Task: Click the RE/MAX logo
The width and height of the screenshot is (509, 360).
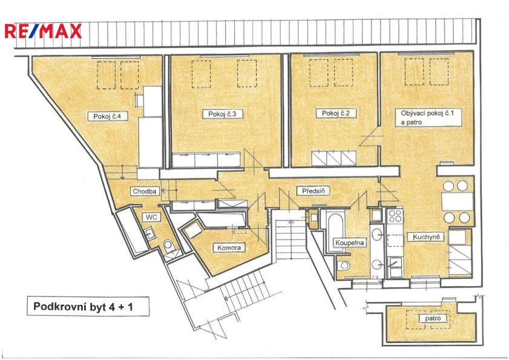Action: tap(43, 31)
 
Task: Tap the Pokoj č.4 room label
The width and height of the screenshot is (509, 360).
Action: tap(107, 116)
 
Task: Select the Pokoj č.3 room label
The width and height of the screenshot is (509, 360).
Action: tap(222, 114)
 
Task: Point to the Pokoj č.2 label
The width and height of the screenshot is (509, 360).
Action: tap(336, 113)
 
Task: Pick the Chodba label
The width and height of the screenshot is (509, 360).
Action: tap(145, 191)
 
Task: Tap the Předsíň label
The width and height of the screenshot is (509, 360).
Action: tap(314, 191)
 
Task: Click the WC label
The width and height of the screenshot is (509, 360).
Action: tap(151, 217)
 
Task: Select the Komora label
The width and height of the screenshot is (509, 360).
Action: tap(229, 247)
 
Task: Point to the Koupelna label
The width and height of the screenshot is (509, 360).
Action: tap(350, 243)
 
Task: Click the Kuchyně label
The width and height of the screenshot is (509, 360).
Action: tap(426, 237)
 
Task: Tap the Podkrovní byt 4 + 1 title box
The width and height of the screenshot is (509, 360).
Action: tap(88, 306)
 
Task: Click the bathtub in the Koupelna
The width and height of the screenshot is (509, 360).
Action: tap(336, 232)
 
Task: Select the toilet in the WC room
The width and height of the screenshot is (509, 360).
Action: tap(168, 245)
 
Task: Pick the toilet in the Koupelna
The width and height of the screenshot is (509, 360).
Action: tap(344, 266)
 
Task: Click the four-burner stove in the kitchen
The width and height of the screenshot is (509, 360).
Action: tap(395, 216)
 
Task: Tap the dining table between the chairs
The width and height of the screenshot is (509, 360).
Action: tap(457, 201)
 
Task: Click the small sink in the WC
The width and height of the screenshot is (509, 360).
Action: tap(149, 234)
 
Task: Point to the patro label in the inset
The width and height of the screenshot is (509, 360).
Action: tap(433, 318)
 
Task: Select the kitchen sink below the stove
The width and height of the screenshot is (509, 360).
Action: tap(395, 267)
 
